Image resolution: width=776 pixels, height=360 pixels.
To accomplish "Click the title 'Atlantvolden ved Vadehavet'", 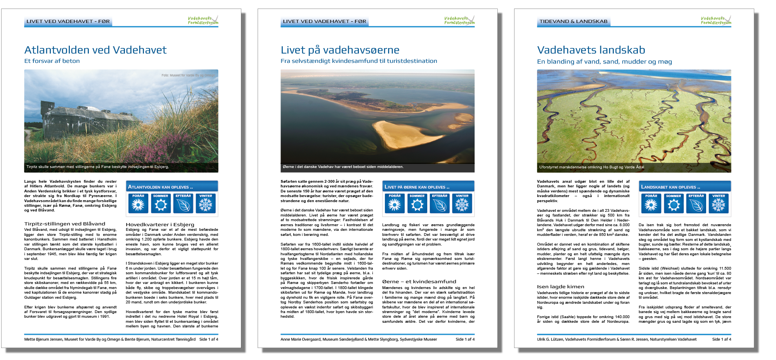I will [x=95, y=50].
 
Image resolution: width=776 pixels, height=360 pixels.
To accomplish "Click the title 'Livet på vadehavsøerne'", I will [x=340, y=50].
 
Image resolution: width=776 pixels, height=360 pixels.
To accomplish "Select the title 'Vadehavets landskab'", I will [x=591, y=50].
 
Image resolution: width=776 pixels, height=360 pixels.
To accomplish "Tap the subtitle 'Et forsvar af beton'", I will [x=52, y=61].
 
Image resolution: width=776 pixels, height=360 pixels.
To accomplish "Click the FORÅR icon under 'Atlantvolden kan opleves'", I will [x=138, y=203].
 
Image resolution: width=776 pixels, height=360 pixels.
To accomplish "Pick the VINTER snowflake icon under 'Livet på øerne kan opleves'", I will [x=462, y=203].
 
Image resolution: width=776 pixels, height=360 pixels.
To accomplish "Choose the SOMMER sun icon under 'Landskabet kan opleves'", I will [x=674, y=203].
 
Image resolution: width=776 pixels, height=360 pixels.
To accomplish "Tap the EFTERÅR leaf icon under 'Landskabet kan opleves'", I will [x=696, y=203].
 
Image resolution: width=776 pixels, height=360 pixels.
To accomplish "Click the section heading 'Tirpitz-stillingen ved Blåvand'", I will [x=65, y=224].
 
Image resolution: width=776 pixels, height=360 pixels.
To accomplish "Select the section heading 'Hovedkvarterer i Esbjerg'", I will [x=160, y=224].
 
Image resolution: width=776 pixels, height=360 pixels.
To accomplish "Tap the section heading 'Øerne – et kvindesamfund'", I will [x=419, y=282].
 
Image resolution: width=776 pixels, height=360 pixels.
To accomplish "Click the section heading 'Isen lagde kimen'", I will [x=560, y=287].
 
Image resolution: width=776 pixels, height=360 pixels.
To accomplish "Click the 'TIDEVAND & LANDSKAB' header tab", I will [x=573, y=21].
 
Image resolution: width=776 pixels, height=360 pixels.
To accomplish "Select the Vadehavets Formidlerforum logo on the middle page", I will [x=459, y=20].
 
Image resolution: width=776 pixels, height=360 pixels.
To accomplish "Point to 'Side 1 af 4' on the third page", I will [x=721, y=339].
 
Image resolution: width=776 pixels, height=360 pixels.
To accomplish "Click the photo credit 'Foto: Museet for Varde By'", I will [x=188, y=75].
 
